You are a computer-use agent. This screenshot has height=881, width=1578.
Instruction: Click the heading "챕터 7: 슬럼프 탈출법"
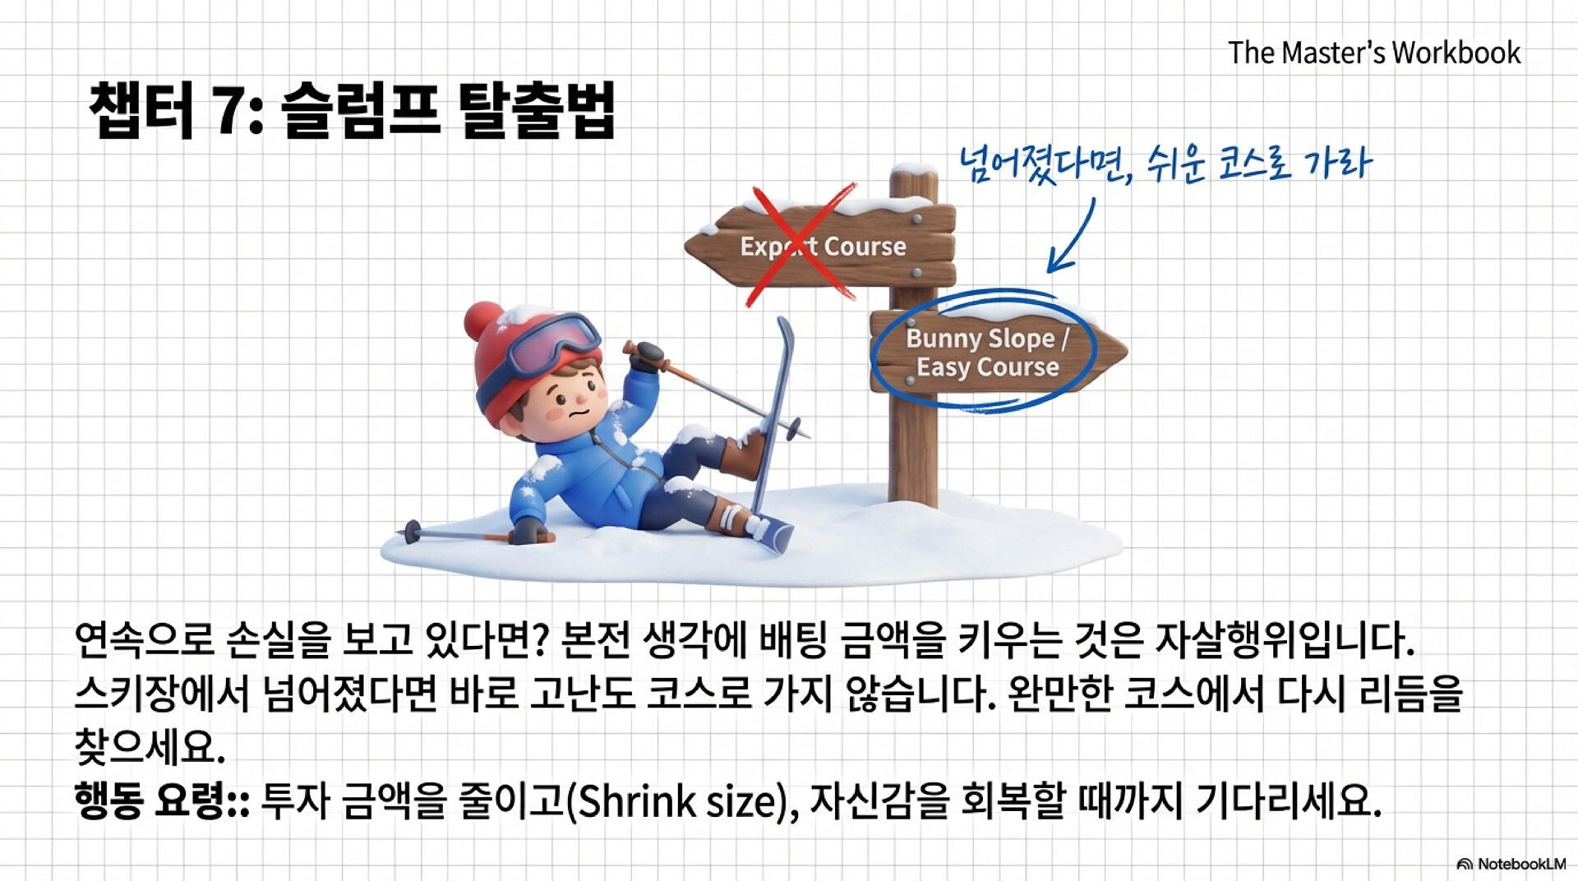tap(352, 109)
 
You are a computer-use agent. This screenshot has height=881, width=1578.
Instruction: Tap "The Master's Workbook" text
tap(1374, 53)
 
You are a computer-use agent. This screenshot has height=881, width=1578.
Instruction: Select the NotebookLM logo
tap(1511, 864)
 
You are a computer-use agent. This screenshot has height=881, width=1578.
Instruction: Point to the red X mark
tap(802, 244)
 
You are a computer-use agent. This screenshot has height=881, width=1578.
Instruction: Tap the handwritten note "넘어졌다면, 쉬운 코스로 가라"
tap(1165, 162)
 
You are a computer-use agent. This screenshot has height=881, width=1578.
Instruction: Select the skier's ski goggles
tap(552, 343)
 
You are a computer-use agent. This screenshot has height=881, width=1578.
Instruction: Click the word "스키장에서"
tap(162, 693)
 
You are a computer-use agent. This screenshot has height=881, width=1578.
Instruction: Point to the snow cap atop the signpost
tap(914, 170)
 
